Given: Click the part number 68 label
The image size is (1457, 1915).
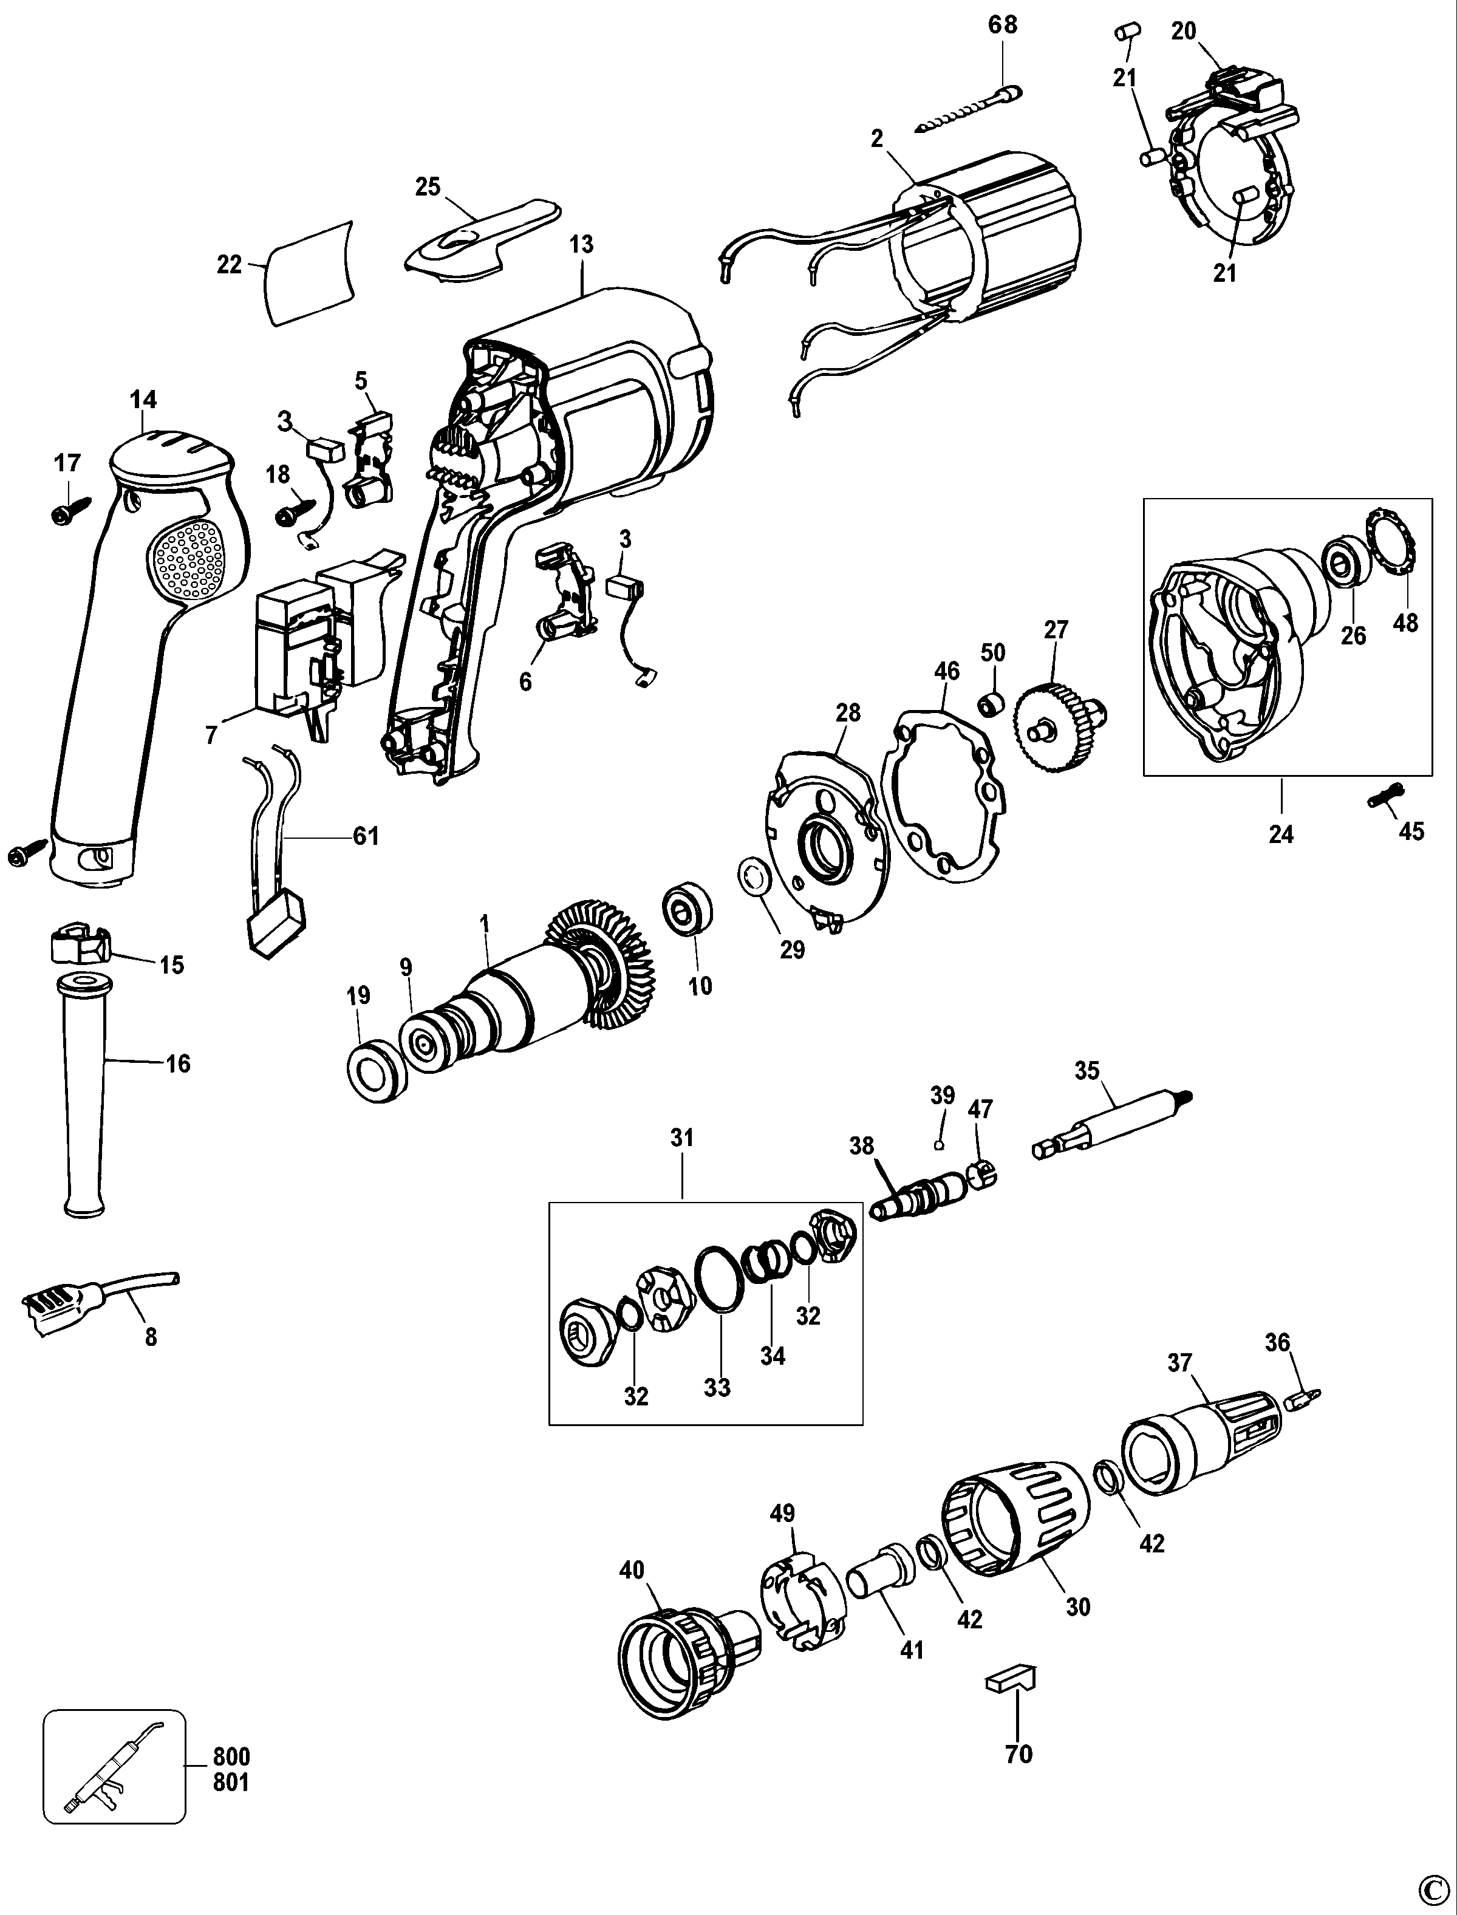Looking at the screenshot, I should [1003, 24].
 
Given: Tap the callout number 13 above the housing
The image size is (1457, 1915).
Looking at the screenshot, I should [581, 245].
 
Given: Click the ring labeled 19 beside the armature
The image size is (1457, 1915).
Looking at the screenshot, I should [375, 1072].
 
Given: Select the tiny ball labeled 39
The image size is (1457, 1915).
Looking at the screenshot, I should [938, 1145].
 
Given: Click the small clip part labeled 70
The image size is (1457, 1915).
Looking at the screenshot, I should [1009, 1680].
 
